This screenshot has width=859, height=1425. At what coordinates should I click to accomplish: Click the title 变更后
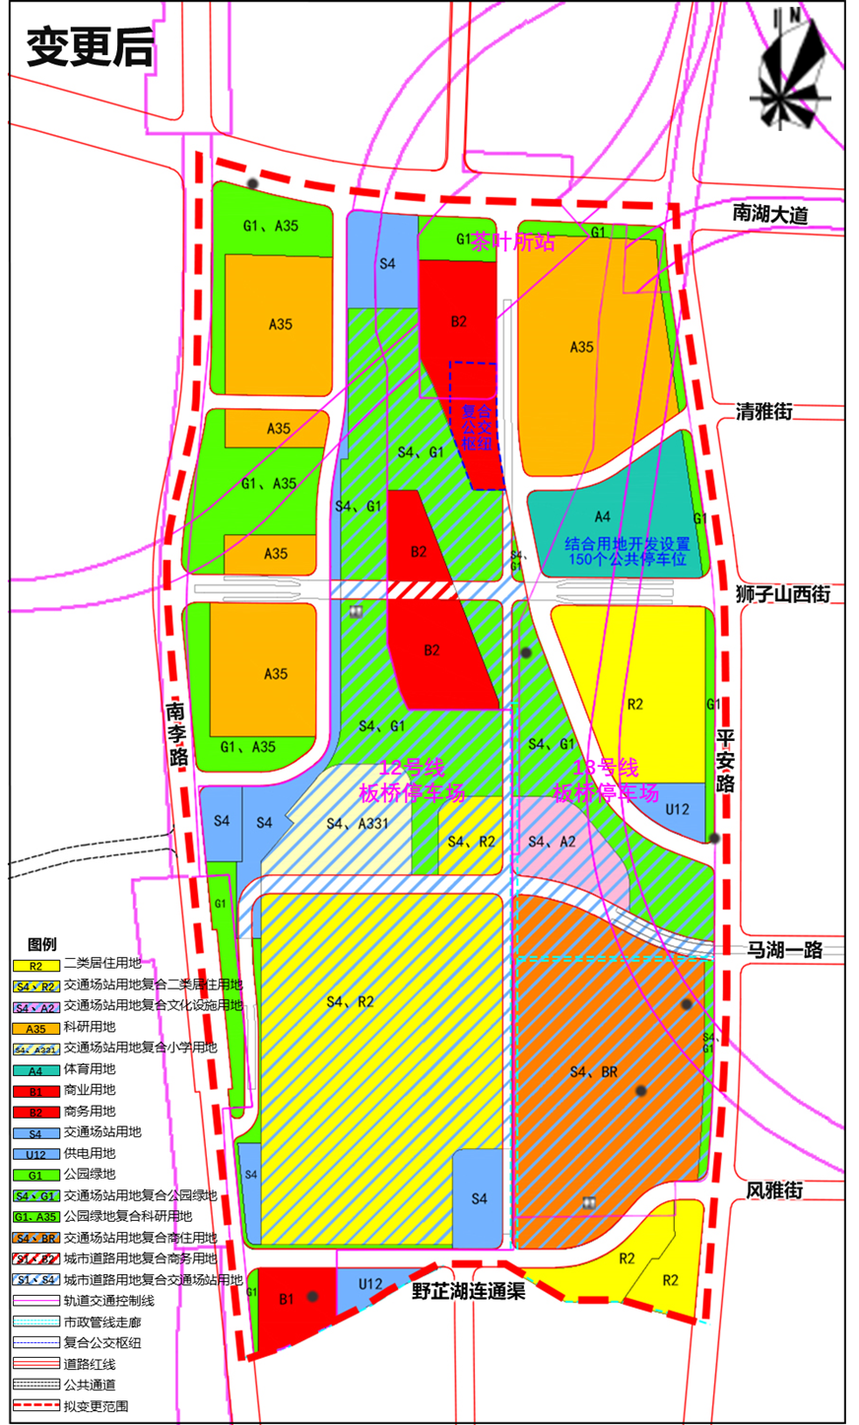pyautogui.click(x=90, y=45)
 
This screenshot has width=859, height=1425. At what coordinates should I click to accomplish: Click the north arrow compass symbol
pyautogui.click(x=788, y=69)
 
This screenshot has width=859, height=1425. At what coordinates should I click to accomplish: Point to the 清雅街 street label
pyautogui.click(x=763, y=412)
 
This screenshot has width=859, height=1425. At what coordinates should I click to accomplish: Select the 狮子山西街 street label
pyautogui.click(x=783, y=594)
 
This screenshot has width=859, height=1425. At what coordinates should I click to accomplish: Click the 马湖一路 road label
pyautogui.click(x=784, y=949)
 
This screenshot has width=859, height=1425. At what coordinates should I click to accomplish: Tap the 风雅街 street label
pyautogui.click(x=774, y=1190)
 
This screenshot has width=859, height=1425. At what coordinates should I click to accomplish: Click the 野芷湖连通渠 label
pyautogui.click(x=468, y=1291)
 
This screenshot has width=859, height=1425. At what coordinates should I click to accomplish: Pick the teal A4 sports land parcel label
pyautogui.click(x=602, y=516)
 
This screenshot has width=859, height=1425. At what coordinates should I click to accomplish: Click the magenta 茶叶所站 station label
pyautogui.click(x=512, y=241)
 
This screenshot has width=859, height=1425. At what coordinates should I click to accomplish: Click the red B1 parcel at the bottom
pyautogui.click(x=286, y=1300)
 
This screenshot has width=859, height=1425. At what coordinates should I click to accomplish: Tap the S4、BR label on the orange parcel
pyautogui.click(x=594, y=1071)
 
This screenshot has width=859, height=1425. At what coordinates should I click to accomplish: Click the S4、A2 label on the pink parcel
pyautogui.click(x=552, y=842)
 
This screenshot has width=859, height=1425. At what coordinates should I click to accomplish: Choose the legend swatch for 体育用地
pyautogui.click(x=35, y=1070)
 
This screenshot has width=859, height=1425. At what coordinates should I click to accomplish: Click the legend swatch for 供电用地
pyautogui.click(x=35, y=1154)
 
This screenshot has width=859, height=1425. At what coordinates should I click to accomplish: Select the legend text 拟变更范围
pyautogui.click(x=96, y=1406)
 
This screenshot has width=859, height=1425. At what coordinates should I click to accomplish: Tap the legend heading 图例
pyautogui.click(x=42, y=944)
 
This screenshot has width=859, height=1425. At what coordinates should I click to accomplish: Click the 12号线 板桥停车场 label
pyautogui.click(x=412, y=780)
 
